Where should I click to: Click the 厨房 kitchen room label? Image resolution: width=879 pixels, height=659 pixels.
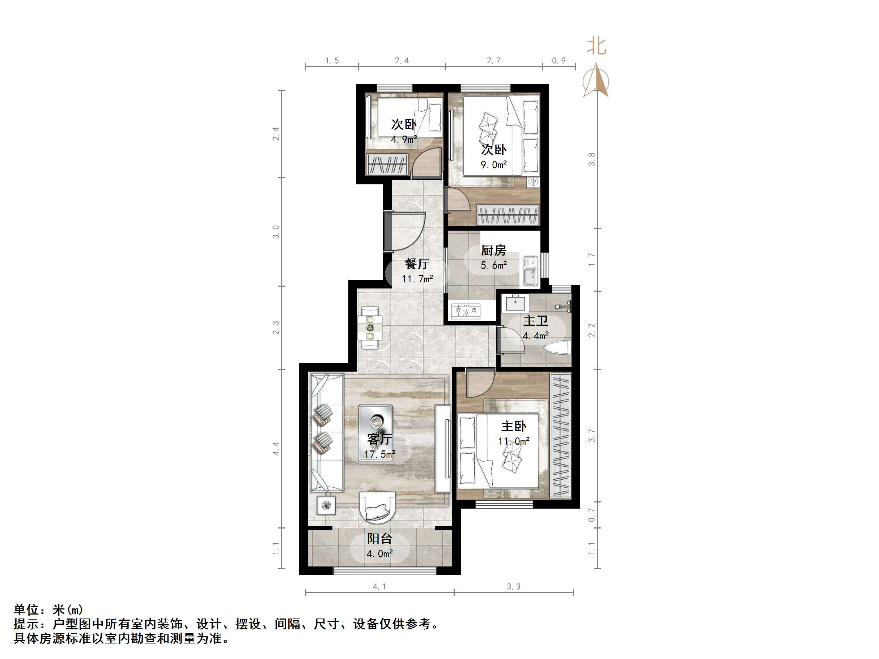[493, 250]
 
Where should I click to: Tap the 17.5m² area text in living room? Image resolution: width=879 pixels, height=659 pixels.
[379, 454]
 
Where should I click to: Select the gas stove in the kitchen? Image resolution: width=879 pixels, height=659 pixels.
[466, 311]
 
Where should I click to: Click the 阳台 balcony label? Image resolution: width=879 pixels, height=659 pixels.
[379, 539]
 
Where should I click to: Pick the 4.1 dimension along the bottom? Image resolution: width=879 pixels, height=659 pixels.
[379, 587]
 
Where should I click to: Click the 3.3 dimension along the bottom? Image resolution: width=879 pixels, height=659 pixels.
[513, 587]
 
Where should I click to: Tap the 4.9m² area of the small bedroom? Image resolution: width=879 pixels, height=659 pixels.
[404, 140]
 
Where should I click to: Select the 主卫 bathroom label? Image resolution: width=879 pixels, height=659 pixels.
[535, 321]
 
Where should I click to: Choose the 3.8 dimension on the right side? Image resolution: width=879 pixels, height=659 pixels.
[592, 159]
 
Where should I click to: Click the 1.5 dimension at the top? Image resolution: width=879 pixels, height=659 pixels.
[332, 61]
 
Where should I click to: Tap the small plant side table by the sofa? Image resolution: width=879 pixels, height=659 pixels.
[326, 505]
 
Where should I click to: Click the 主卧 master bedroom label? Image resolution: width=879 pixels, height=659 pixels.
[513, 426]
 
